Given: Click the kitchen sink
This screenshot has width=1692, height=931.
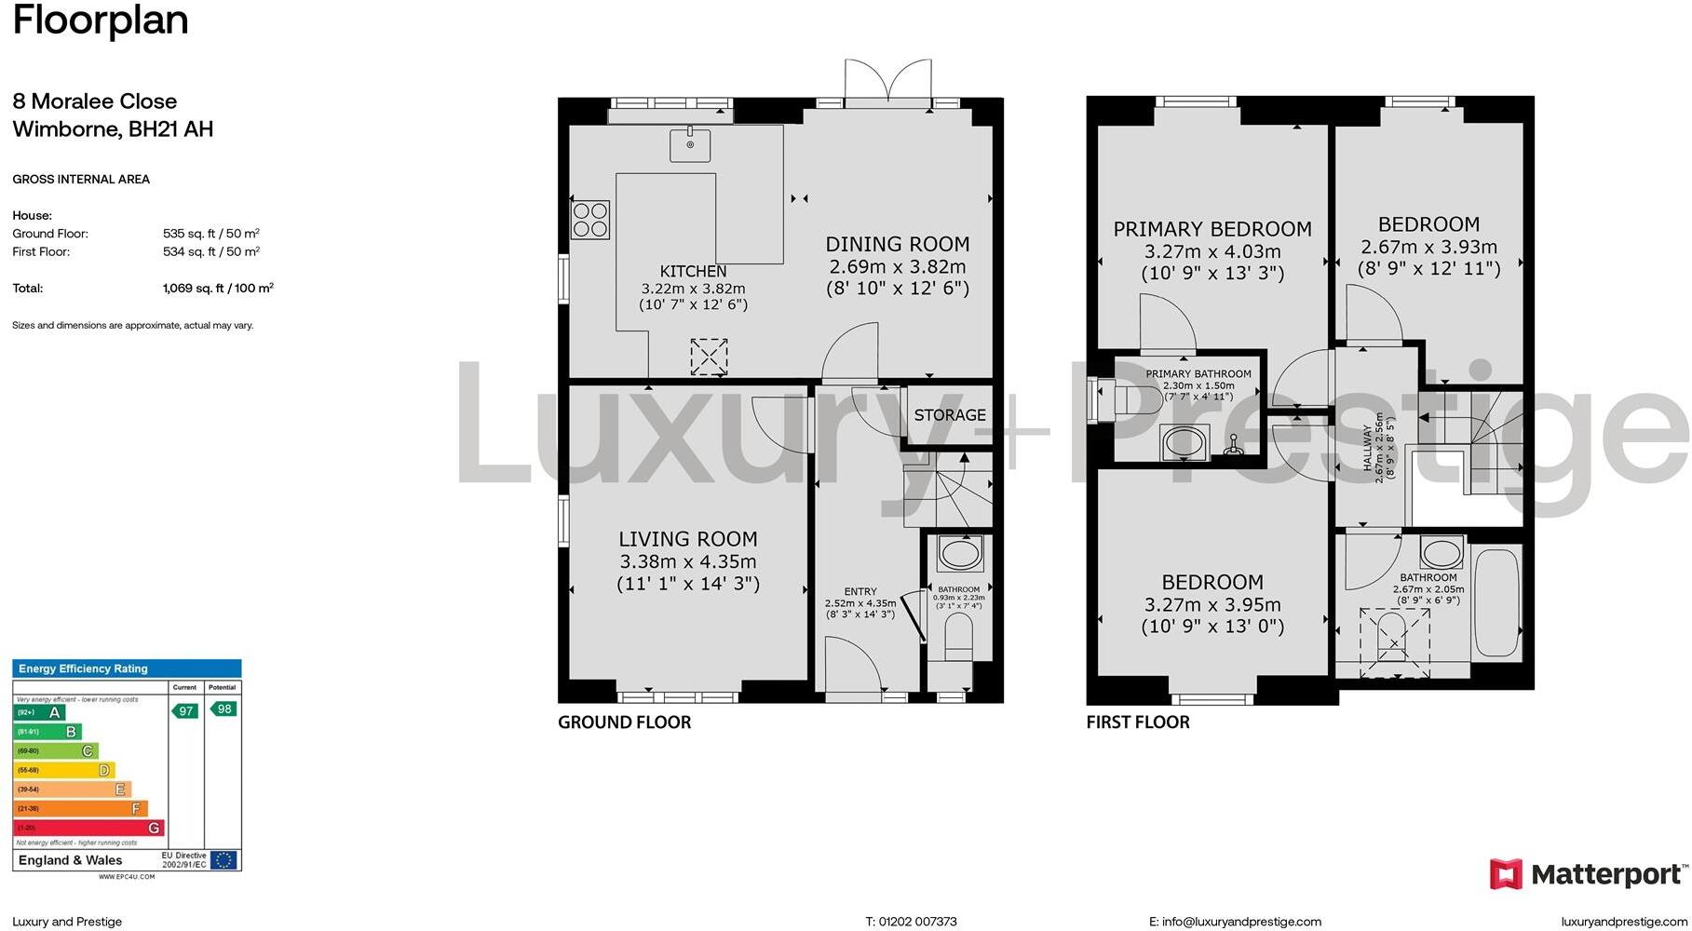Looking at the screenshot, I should pos(690,145).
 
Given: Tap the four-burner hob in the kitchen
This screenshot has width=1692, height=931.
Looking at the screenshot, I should pos(590,220).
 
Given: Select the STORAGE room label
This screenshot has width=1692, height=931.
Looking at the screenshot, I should pos(949,415).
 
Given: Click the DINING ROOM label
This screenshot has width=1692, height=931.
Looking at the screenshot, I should pos(898,245).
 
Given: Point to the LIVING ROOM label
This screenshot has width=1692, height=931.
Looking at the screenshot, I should pos(688,539).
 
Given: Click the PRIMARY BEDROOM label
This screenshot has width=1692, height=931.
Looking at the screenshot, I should pos(1212,229).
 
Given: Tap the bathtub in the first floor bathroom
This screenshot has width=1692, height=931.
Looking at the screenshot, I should pos(1497,600).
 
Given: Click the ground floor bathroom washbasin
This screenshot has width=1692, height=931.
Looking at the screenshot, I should pos(959,555).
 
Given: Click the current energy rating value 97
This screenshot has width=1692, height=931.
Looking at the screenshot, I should pos(185,711).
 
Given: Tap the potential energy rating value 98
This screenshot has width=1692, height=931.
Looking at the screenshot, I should pos(223,709).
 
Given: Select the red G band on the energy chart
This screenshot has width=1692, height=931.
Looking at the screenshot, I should pos(89,828).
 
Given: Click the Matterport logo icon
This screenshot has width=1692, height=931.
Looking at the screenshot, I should pos(1506,874).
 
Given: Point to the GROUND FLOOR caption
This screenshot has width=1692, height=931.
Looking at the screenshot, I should pos(624,722).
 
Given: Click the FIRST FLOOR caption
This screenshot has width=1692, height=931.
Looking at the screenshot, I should pos(1138,722).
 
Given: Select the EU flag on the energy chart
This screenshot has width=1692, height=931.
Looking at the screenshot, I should pos(223,859).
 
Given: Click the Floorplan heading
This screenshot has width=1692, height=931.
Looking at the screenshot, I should pos(101,20).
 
